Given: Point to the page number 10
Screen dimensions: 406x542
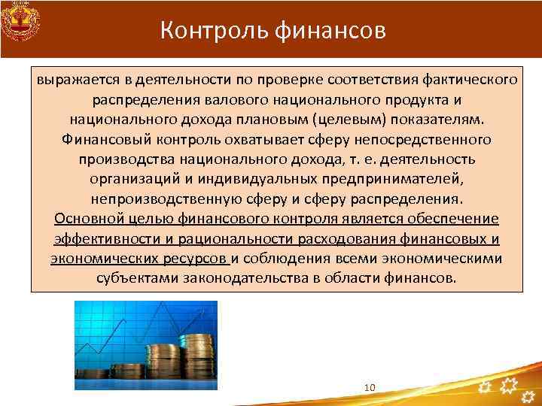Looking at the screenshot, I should click(x=369, y=386).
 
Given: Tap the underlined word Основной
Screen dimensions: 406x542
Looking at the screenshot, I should click(x=89, y=220).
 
